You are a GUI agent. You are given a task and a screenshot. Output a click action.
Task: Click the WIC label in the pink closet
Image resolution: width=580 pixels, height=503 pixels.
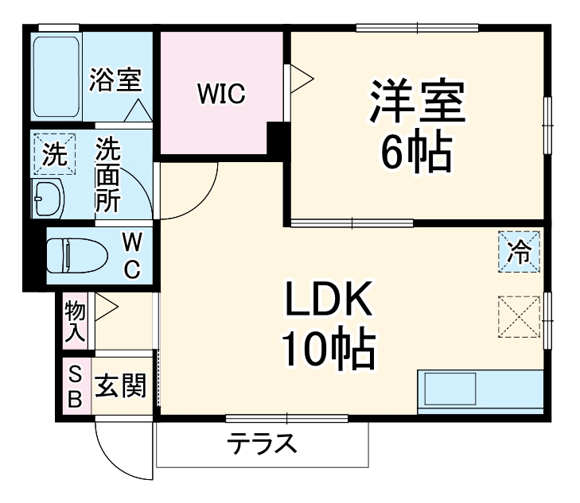(222, 95)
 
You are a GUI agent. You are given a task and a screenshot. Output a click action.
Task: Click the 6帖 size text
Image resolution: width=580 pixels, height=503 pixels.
(415, 151)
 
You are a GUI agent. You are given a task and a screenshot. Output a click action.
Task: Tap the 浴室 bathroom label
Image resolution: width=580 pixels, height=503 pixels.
(115, 80)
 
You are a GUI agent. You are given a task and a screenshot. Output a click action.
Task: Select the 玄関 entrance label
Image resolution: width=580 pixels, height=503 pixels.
(121, 388)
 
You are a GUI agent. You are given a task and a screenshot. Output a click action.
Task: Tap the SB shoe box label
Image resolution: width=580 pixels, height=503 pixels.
(74, 387)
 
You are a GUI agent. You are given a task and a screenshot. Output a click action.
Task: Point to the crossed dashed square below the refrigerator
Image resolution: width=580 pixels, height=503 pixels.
(519, 316)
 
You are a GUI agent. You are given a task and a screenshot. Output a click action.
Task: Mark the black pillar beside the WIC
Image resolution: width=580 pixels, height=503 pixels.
(277, 140)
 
